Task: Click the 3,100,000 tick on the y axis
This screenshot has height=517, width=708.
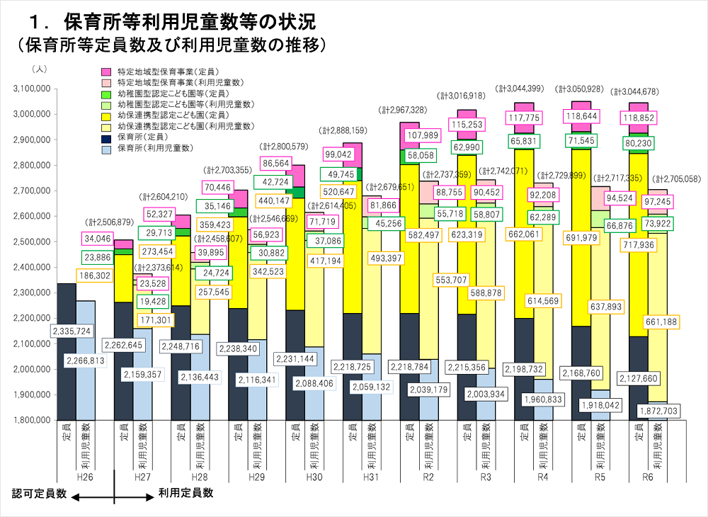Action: point(30,89)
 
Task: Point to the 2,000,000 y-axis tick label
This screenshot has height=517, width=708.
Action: point(30,369)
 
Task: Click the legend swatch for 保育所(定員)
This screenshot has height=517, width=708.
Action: point(106,137)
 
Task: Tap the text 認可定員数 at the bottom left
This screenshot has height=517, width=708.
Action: point(40,494)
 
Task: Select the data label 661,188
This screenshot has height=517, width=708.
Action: point(663,322)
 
